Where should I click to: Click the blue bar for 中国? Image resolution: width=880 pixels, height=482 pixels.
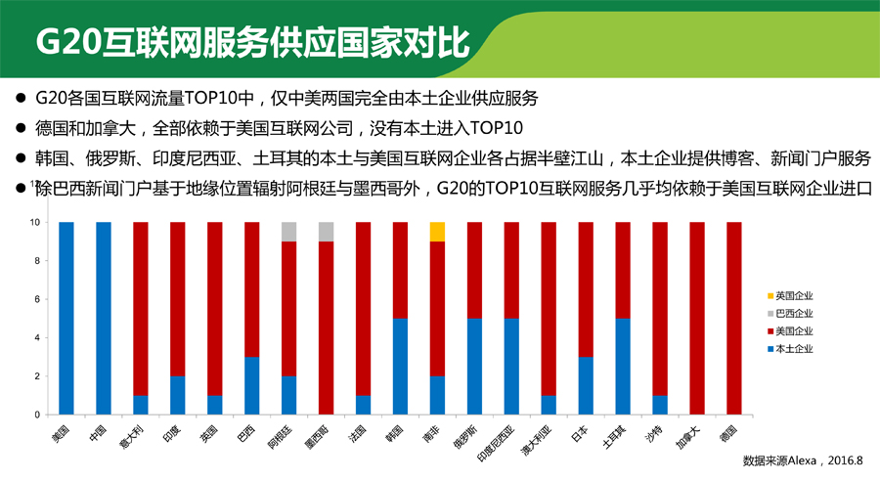(104, 318)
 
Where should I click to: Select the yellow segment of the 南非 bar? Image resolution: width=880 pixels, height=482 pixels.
(437, 232)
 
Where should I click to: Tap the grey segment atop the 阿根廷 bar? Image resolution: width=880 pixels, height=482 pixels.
(289, 232)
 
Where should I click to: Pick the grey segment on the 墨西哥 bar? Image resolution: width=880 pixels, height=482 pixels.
(326, 232)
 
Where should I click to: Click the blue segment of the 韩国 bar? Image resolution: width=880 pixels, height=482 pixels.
(400, 367)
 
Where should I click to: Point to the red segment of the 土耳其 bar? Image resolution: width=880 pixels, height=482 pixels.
(623, 271)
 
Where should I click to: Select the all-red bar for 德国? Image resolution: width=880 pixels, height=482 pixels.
(734, 318)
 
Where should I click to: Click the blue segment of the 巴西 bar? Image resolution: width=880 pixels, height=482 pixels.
(252, 385)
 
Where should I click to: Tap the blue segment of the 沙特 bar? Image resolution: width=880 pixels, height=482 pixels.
(660, 405)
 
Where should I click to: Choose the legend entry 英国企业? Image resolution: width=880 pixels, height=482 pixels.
(790, 295)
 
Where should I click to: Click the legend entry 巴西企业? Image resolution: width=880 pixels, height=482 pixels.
(790, 313)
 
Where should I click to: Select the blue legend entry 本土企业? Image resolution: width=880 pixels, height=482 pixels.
(790, 348)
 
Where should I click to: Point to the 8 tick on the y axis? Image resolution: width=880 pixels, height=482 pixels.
(37, 261)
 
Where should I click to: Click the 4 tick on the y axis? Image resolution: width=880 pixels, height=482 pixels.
(37, 338)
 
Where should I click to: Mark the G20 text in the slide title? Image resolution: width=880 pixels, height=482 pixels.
(67, 42)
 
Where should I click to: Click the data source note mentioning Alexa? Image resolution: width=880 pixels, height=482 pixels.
(803, 460)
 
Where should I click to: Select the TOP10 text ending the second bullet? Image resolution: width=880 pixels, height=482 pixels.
(496, 128)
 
